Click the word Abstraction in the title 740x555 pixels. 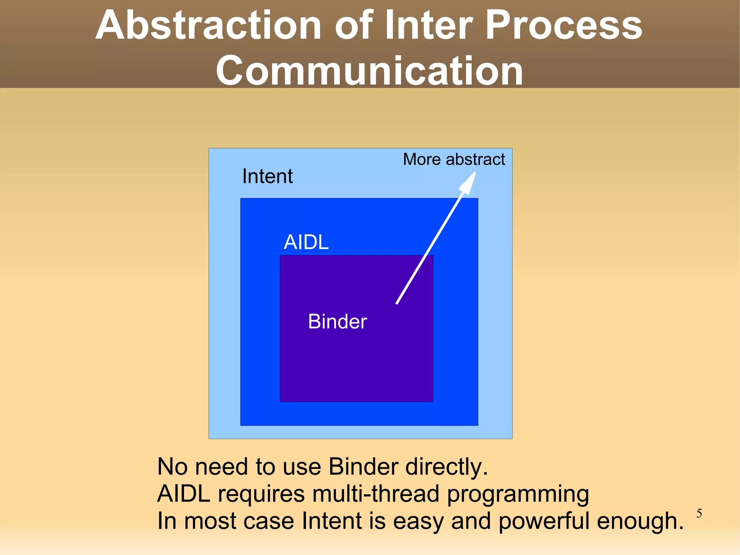(208, 25)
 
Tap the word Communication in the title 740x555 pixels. (369, 71)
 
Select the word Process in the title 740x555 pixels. (564, 25)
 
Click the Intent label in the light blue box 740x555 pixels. (267, 176)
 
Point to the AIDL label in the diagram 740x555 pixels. (306, 242)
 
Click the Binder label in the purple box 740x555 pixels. (337, 321)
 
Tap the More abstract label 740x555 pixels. (454, 159)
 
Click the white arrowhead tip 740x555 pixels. (475, 173)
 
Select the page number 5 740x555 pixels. (699, 513)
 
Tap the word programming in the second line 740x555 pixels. (518, 495)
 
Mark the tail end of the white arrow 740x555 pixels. (397, 303)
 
